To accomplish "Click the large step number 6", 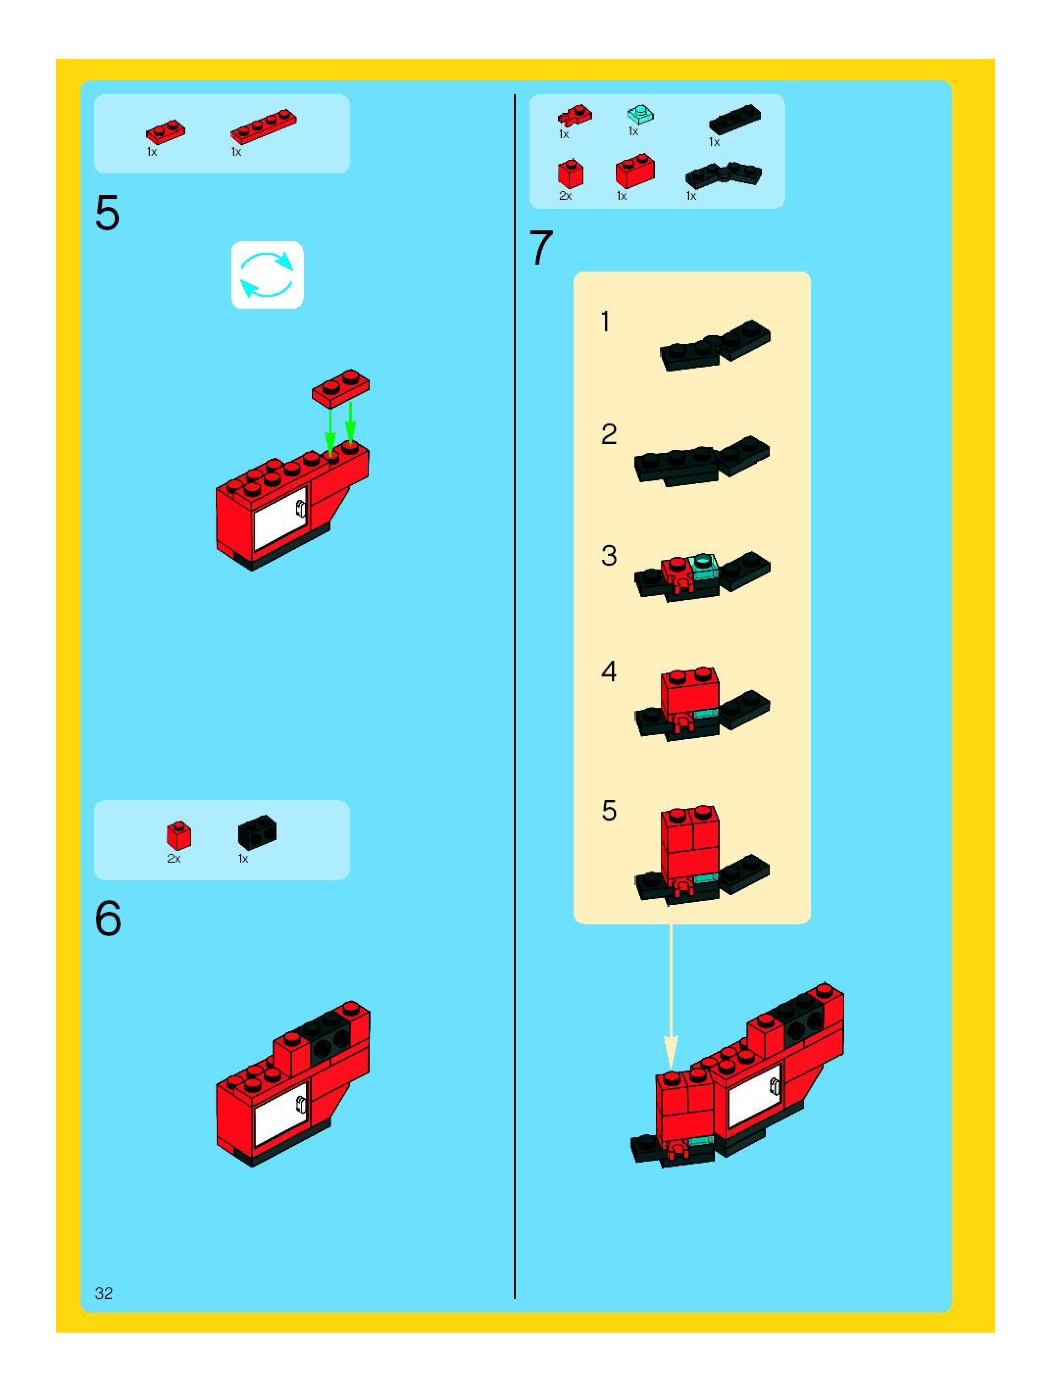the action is coord(108,919).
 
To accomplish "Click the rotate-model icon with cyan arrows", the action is coord(267,274).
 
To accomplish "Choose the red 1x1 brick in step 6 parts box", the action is coord(179,835).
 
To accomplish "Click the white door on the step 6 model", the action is coord(280,1110).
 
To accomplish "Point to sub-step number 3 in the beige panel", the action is coord(608,555).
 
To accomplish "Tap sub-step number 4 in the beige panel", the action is coord(608,672).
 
